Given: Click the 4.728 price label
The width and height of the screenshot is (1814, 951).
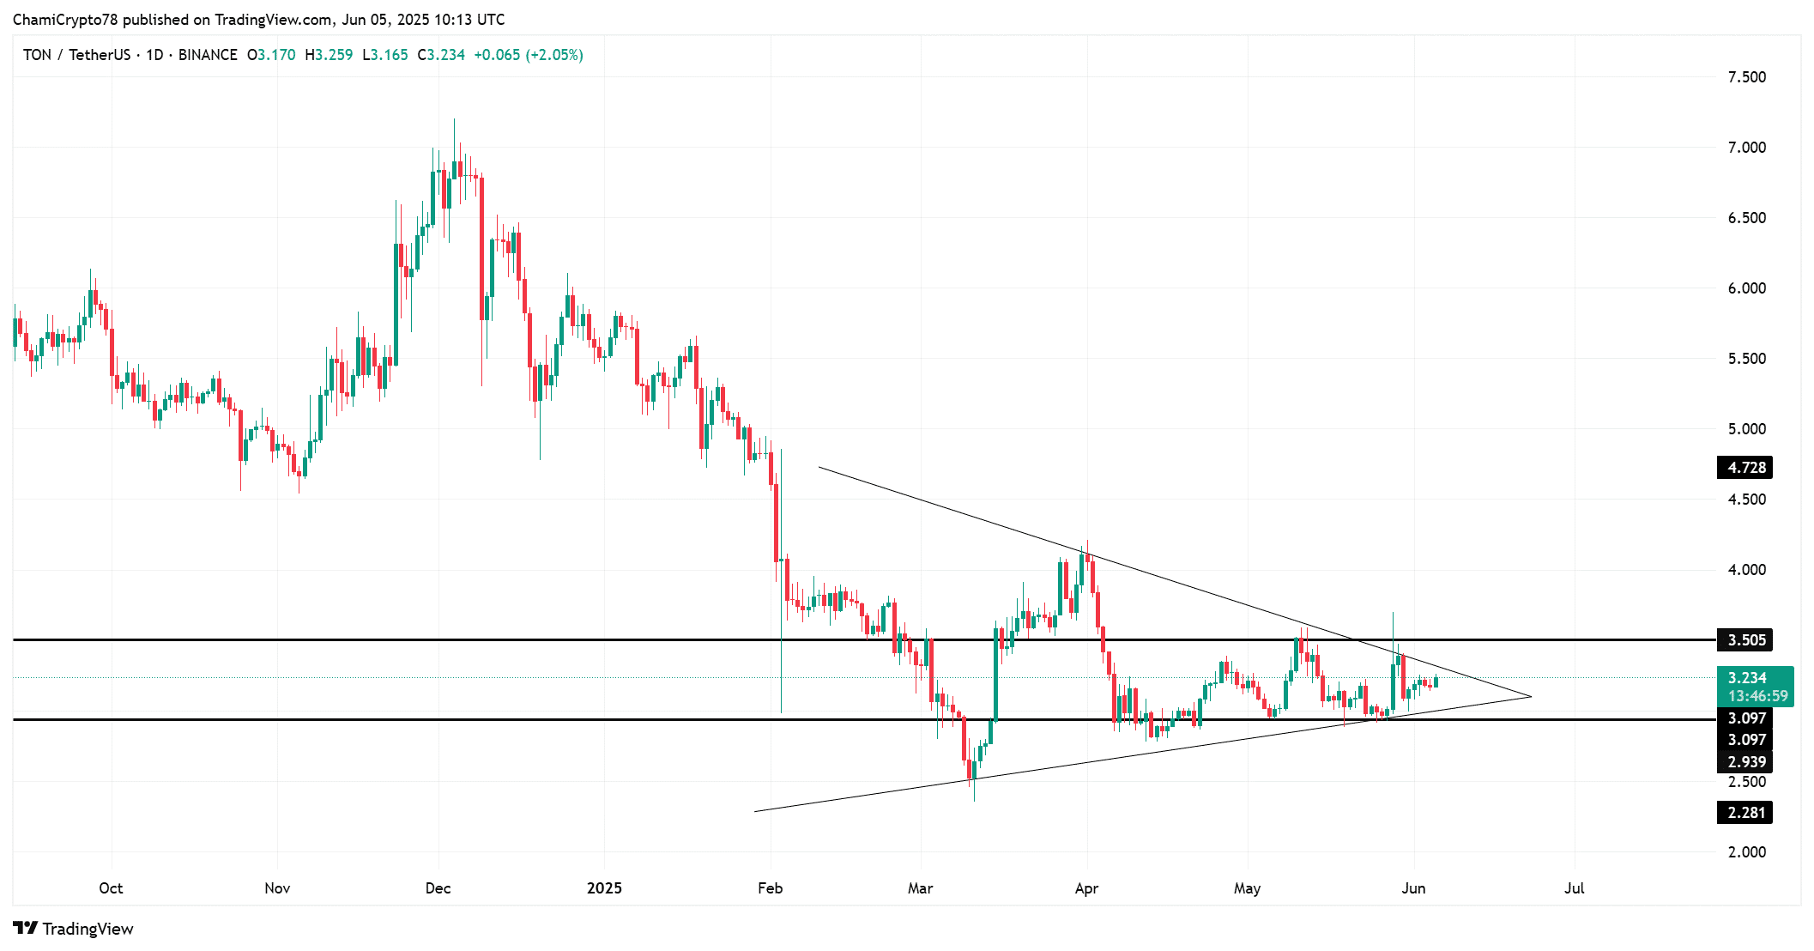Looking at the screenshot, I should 1745,468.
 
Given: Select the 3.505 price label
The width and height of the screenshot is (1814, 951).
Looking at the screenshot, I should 1745,639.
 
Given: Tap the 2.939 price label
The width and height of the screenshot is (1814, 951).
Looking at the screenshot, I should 1745,762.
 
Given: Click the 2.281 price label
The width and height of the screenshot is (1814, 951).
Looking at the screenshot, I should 1745,812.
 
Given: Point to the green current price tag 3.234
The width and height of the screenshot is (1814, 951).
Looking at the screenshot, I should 1755,678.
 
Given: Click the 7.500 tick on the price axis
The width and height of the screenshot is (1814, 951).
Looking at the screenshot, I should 1746,77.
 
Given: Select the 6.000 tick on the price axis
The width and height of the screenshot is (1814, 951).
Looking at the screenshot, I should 1746,288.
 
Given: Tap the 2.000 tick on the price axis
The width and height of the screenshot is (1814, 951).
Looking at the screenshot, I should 1746,851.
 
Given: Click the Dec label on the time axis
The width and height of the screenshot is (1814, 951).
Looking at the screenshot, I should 438,888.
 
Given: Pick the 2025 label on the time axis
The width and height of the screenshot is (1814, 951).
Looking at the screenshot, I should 604,888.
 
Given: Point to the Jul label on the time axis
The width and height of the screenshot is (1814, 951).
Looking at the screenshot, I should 1574,888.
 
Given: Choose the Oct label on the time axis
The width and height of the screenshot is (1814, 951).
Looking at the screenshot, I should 111,888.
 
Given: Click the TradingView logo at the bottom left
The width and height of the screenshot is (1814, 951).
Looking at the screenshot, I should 74,929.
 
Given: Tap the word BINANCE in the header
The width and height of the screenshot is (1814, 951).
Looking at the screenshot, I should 208,55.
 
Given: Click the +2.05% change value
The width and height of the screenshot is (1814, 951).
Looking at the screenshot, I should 554,55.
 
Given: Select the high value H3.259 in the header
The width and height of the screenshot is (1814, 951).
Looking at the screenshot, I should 329,55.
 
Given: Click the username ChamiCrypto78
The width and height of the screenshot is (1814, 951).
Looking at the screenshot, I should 65,20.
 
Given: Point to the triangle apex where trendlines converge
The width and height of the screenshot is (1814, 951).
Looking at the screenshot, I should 1531,696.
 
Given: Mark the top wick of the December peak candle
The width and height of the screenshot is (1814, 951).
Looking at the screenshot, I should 454,120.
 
